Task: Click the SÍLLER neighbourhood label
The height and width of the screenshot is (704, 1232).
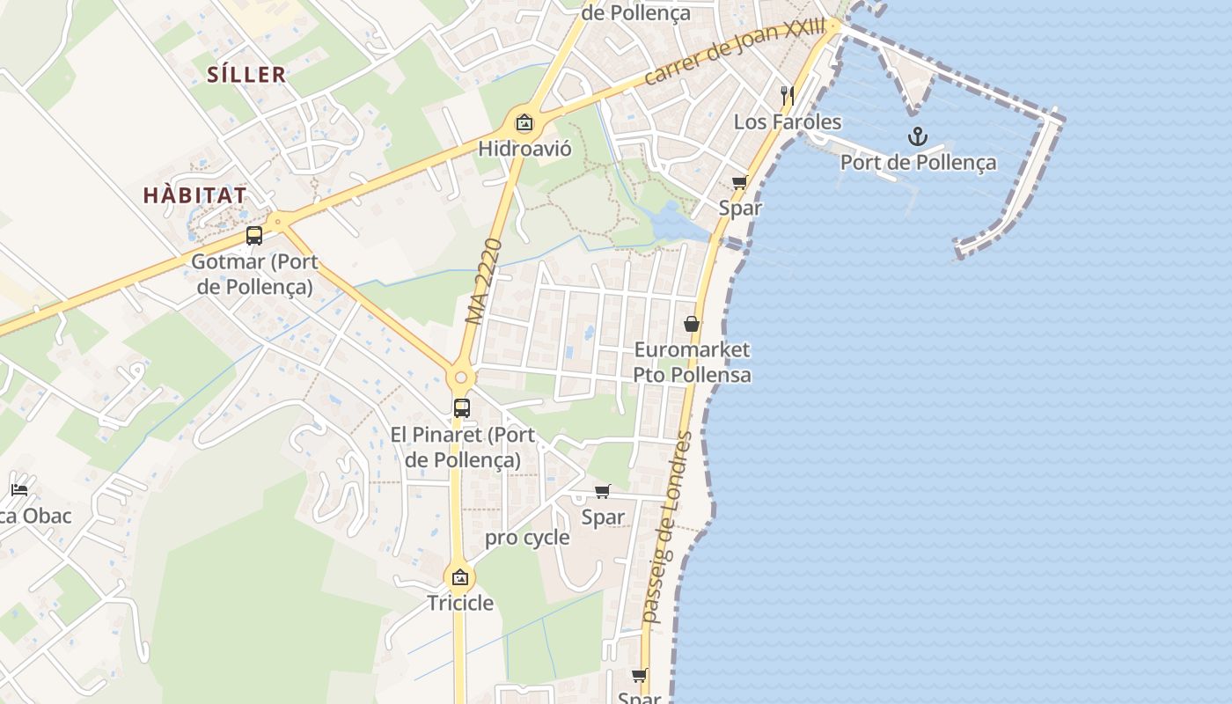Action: (247, 75)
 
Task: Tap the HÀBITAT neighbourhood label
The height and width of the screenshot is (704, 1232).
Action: (195, 195)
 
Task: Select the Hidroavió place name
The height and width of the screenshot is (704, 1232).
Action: (524, 149)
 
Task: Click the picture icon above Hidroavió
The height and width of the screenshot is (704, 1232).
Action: (524, 123)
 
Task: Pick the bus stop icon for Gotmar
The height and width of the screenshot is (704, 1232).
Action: (254, 236)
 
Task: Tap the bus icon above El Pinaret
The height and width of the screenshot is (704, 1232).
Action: (462, 408)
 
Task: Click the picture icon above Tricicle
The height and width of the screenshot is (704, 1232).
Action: (459, 578)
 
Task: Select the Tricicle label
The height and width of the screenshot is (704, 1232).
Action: (460, 604)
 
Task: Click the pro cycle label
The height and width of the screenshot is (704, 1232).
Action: (528, 538)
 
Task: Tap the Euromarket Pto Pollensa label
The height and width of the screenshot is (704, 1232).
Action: (693, 362)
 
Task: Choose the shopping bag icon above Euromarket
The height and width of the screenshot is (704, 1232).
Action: (692, 325)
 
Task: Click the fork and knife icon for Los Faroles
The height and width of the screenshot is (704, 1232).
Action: (788, 96)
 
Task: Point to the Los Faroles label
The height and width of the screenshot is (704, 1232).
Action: (788, 122)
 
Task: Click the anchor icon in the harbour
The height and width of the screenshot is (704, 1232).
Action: (918, 136)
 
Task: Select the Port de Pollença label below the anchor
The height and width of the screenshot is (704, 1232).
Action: (918, 163)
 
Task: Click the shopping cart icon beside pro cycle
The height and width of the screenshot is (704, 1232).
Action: (603, 492)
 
